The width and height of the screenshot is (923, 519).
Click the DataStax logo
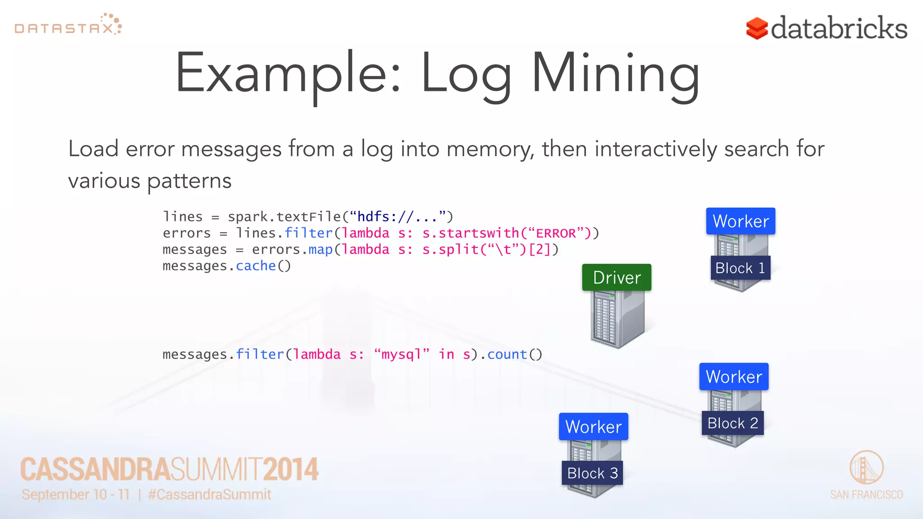[x=68, y=25]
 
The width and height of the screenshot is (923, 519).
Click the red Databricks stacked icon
[x=757, y=28]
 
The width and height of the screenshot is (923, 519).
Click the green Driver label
[x=617, y=278]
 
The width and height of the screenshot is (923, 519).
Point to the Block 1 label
[x=740, y=268]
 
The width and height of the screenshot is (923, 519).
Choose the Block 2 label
[x=732, y=423]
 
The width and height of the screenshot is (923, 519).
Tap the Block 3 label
[x=592, y=473]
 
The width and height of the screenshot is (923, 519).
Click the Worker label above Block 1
[x=740, y=221]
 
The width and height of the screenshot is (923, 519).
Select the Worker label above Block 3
[x=593, y=427]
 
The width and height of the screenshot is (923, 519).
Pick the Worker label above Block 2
[x=734, y=377]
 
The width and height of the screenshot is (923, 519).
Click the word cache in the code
[x=256, y=266]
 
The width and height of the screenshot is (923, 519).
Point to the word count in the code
[x=507, y=355]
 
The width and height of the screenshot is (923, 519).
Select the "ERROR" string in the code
[x=556, y=233]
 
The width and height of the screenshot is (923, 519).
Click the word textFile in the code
[x=309, y=217]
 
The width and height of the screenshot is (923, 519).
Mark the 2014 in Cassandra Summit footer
[x=291, y=469]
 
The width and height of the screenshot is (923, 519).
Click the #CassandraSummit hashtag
[x=210, y=495]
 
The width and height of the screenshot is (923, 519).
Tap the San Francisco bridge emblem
[x=866, y=467]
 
